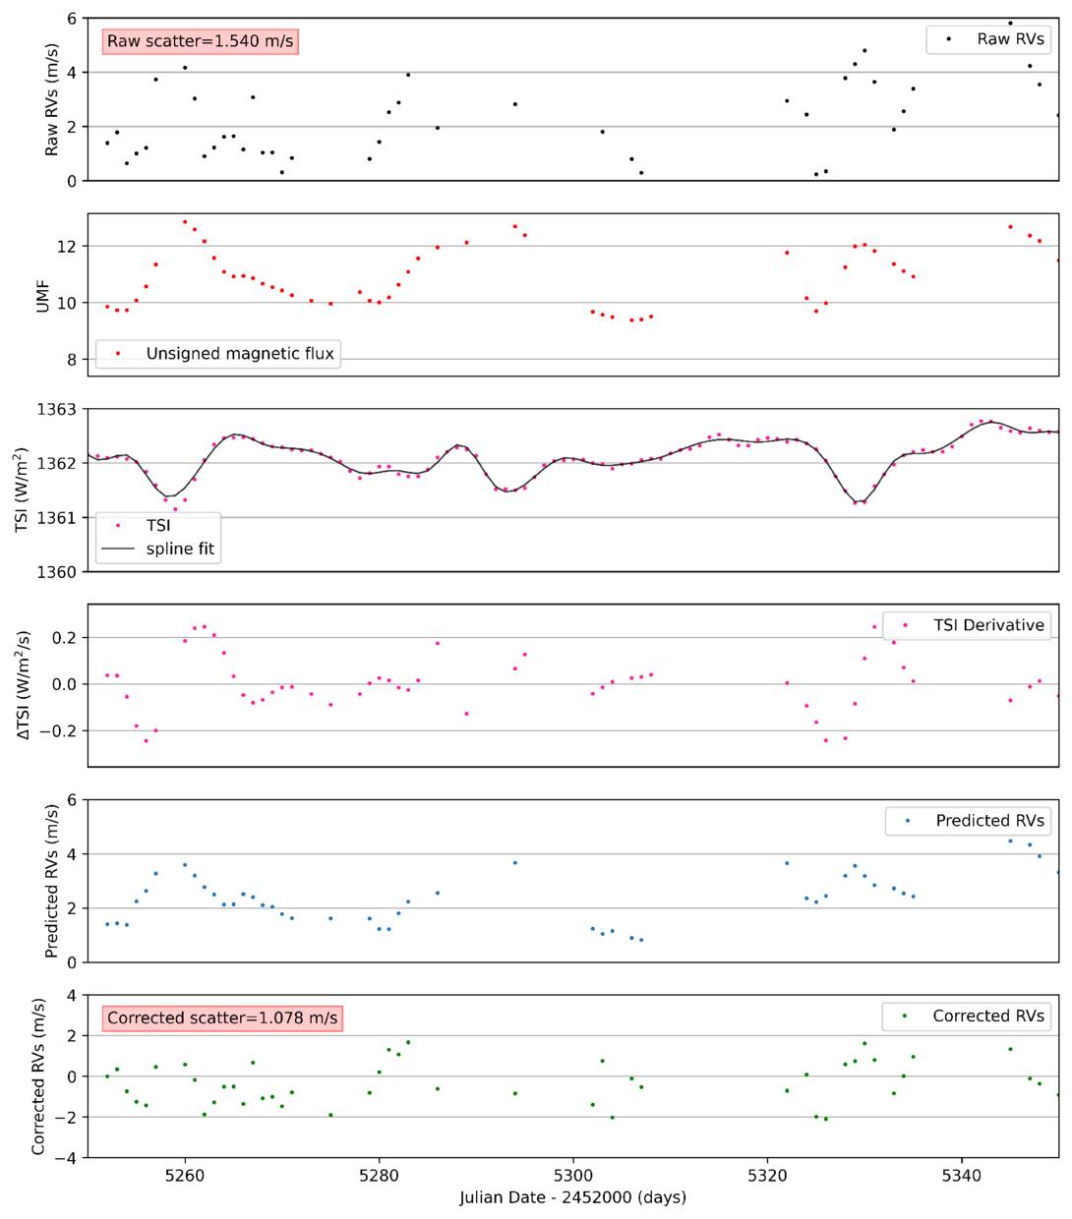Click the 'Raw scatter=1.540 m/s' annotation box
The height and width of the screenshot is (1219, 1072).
point(200,41)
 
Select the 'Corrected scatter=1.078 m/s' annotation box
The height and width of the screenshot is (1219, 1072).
point(222,1018)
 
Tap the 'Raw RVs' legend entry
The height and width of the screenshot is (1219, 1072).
point(987,39)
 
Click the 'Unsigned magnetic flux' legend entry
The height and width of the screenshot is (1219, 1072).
point(218,354)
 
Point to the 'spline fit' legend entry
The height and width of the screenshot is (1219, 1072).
point(157,549)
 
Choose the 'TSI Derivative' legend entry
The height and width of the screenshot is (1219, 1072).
point(967,625)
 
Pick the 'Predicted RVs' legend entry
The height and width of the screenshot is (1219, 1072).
point(968,821)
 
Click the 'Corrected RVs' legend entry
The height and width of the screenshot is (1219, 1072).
point(966,1016)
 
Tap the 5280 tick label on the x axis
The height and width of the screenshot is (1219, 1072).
point(379,1175)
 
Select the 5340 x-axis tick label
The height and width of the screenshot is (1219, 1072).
point(961,1175)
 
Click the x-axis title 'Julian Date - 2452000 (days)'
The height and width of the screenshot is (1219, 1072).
point(572,1197)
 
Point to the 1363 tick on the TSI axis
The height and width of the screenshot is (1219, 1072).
point(57,410)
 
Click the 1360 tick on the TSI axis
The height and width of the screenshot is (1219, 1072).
point(57,572)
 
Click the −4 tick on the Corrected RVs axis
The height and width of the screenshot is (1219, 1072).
point(65,1158)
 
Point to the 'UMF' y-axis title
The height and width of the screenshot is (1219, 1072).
point(42,296)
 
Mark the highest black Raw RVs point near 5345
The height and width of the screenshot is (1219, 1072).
point(1010,24)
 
